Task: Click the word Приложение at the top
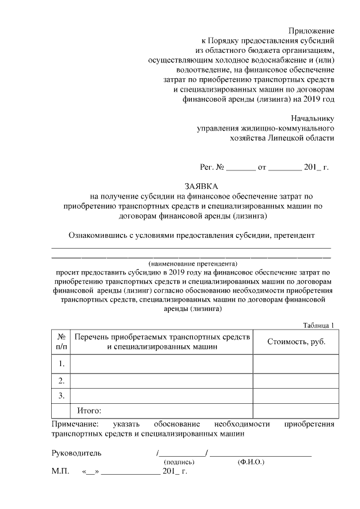pos(311,30)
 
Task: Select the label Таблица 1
pos(318,325)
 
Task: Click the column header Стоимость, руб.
pos(296,341)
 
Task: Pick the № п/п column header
pos(61,341)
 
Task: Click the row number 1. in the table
pos(61,364)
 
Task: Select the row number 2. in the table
pos(61,381)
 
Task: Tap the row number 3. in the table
pos(61,396)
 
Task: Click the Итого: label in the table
pos(89,411)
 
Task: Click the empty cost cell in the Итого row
pos(296,411)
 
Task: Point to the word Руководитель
pos(76,452)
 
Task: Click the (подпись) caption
pos(179,462)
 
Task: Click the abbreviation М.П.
pos(60,471)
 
